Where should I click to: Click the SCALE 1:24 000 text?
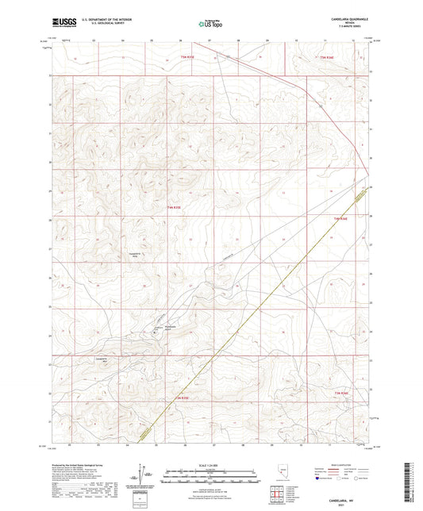point(211,464)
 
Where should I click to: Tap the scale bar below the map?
point(211,472)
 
